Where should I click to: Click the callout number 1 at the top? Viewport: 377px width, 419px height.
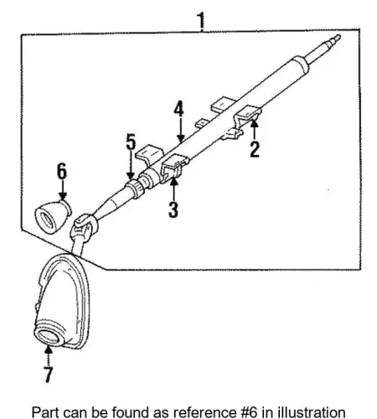coord(201,20)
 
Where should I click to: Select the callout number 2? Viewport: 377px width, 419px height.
coord(255,149)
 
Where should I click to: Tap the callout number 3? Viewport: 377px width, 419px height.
coord(173,209)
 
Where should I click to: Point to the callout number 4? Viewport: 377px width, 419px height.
coord(179,109)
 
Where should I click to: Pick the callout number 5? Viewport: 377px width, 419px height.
coord(131,142)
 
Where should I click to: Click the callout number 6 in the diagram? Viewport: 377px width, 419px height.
coord(62,171)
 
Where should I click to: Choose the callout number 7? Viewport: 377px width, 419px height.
coord(48,375)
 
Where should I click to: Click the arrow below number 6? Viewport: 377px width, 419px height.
coord(63,190)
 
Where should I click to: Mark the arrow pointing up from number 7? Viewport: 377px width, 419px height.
coord(49,354)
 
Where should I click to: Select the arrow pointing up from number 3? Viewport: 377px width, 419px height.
coord(173,189)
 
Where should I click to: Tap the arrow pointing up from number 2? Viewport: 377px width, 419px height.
coord(254,129)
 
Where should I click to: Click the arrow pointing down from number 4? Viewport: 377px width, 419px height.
coord(181,130)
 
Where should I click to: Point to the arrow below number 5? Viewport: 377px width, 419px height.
coord(131,165)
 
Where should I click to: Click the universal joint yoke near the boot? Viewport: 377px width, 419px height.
coord(84,228)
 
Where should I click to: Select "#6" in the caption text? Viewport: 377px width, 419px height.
coord(250,412)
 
